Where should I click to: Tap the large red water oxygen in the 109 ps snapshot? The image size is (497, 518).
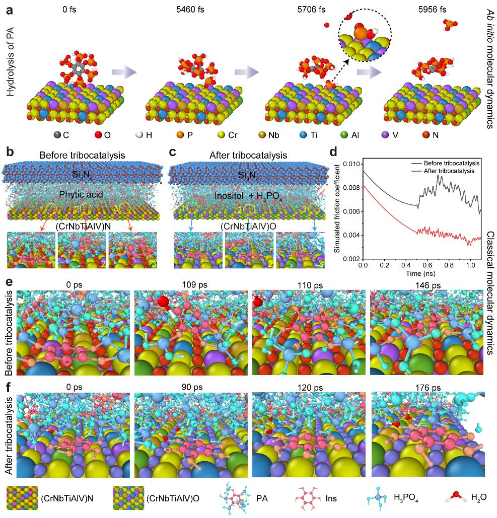(x=164, y=303)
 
